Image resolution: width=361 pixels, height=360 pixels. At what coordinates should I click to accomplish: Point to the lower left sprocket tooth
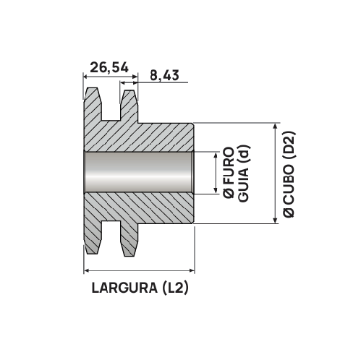[x=93, y=242]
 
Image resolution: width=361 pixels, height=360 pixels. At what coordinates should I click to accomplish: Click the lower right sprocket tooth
[x=129, y=242]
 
